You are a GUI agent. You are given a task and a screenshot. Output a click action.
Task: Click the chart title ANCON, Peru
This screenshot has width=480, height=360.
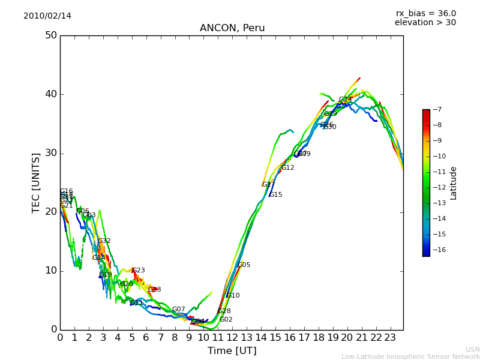click(232, 28)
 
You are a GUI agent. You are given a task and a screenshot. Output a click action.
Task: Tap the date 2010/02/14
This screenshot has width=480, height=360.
click(47, 16)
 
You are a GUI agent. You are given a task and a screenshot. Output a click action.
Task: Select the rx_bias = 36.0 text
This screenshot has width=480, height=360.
click(425, 14)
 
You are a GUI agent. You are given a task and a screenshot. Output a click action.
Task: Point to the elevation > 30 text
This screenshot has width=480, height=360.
click(425, 23)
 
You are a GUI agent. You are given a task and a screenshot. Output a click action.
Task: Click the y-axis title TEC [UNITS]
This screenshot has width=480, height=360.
click(36, 182)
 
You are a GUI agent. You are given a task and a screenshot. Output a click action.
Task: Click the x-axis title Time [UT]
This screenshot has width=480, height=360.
click(232, 351)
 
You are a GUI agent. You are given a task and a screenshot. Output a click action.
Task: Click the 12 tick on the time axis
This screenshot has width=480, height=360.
click(232, 338)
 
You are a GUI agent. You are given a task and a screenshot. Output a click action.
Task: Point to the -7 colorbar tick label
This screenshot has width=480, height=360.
click(437, 110)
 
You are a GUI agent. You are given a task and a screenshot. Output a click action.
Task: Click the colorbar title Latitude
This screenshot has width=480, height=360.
click(454, 183)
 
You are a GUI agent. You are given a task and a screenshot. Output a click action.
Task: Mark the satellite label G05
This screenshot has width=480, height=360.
click(244, 265)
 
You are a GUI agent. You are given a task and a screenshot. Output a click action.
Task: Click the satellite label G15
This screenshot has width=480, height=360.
click(275, 195)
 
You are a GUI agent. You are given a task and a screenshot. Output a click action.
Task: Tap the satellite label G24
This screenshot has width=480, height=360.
click(345, 100)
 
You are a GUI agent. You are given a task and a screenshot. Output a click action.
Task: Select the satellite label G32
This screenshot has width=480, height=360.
click(104, 241)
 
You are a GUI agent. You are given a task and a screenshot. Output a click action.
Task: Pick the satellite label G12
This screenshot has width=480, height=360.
click(288, 168)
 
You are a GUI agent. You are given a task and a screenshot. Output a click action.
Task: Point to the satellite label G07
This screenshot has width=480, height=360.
click(179, 310)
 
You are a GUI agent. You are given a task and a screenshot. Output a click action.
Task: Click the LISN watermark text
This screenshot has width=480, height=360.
click(472, 349)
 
